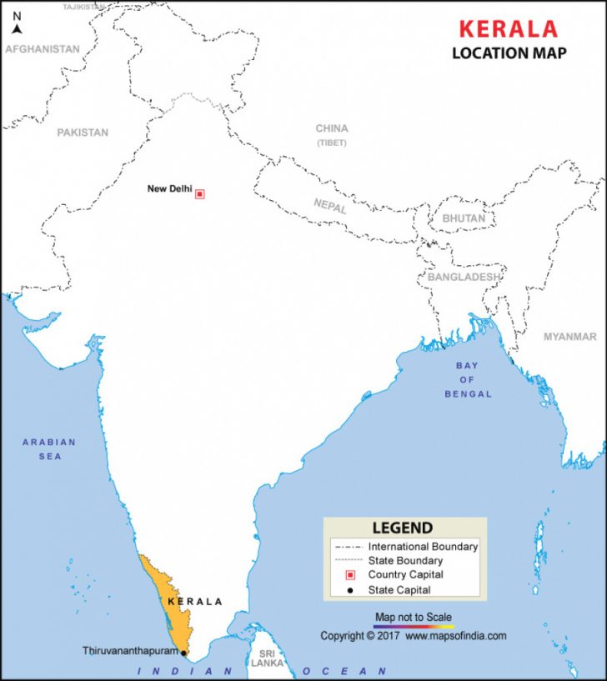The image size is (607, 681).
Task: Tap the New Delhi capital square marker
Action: [199, 193]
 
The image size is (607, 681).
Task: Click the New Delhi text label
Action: [169, 189]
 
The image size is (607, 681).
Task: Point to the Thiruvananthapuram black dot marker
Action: [183, 653]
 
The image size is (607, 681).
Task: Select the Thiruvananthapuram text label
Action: [130, 650]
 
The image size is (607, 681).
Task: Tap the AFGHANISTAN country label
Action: [43, 49]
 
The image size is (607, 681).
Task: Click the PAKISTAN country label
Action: [83, 133]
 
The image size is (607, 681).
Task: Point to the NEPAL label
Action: [330, 206]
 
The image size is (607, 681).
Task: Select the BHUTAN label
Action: [464, 218]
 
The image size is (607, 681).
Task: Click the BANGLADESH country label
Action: [464, 277]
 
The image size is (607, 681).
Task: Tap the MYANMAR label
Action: [570, 337]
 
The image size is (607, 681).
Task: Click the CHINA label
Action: [332, 129]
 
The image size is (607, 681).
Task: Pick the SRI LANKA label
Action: [267, 659]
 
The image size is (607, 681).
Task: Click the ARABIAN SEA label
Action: [48, 449]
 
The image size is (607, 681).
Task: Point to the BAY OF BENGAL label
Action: [468, 379]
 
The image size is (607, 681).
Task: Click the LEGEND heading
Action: [403, 528]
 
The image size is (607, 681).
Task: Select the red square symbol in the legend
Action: [350, 575]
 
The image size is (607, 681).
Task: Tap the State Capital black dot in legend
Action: [350, 590]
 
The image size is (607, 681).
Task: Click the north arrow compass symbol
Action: [17, 28]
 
